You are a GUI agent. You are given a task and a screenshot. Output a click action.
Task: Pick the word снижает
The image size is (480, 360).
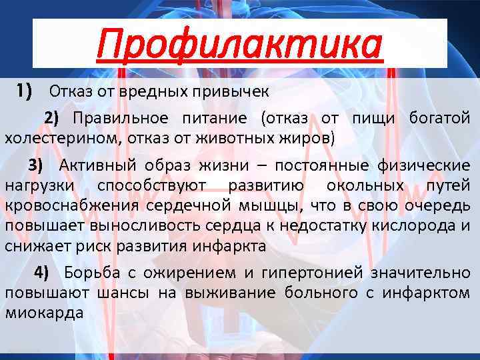point(33,245)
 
